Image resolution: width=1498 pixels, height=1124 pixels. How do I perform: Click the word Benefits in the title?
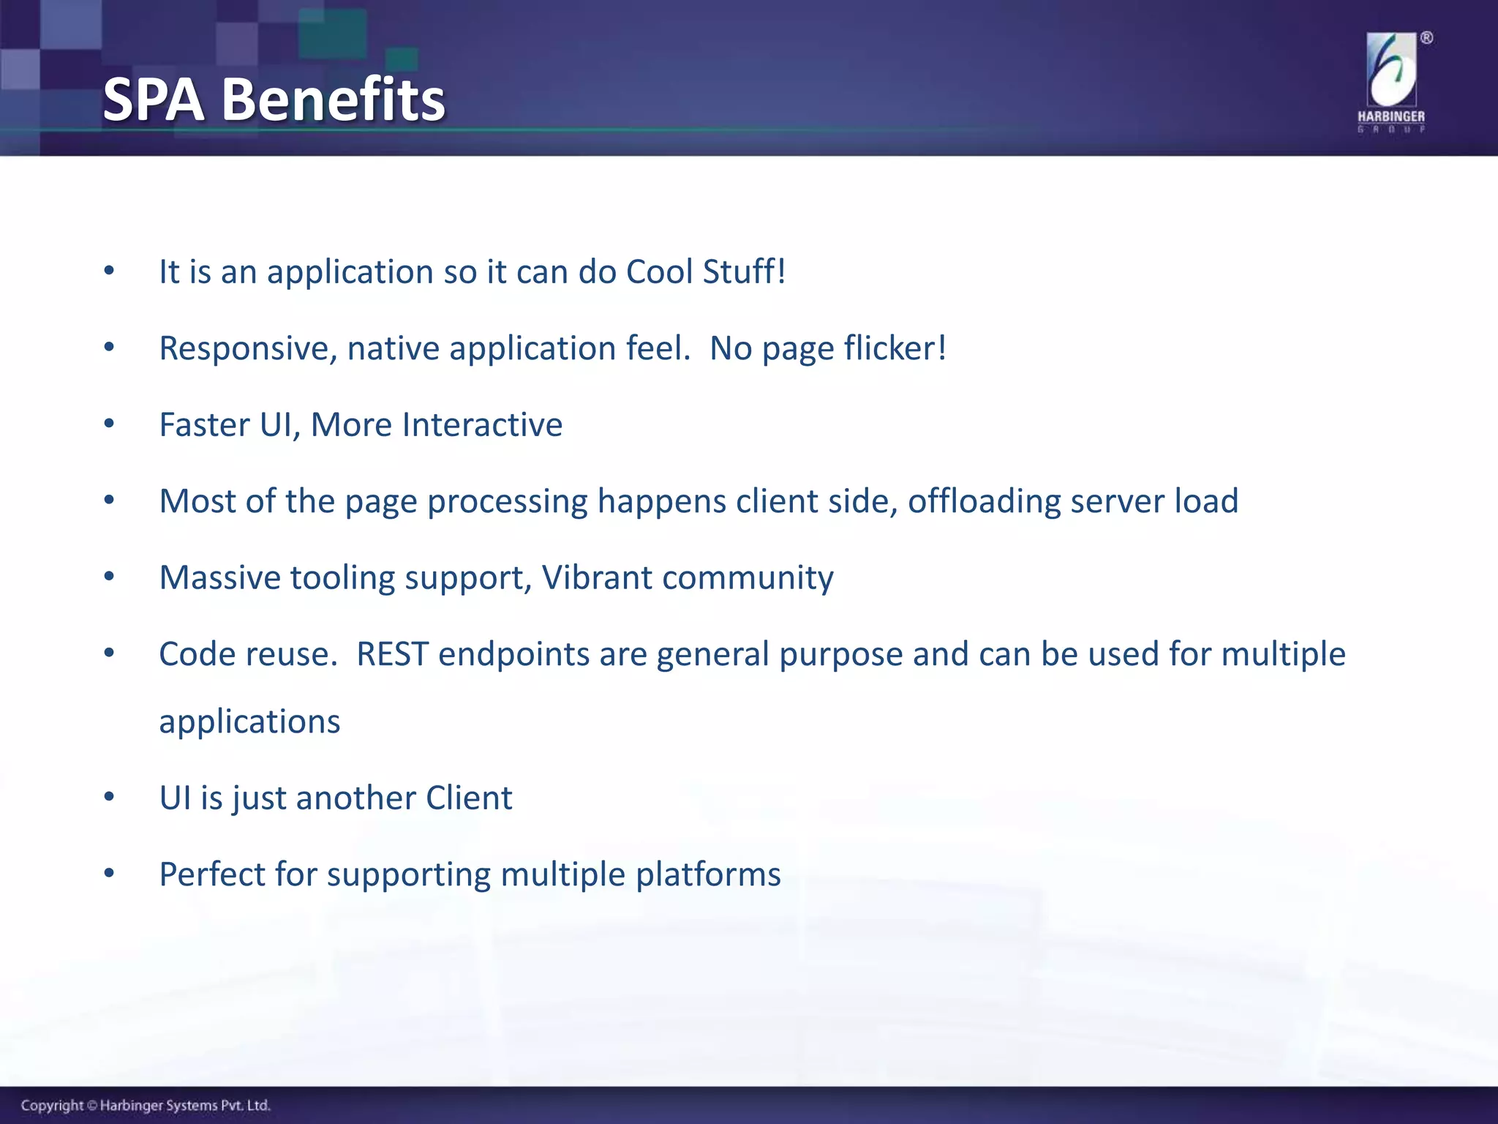pyautogui.click(x=334, y=100)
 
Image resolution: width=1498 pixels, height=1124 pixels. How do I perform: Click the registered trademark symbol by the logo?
pyautogui.click(x=1427, y=38)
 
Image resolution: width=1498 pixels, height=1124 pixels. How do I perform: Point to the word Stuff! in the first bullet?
pyautogui.click(x=745, y=271)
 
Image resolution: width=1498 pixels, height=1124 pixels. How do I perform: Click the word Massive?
pyautogui.click(x=220, y=578)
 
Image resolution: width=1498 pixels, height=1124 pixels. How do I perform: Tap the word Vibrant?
pyautogui.click(x=597, y=578)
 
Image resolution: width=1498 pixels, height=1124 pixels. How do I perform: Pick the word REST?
pyautogui.click(x=392, y=654)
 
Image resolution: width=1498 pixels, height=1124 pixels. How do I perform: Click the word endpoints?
pyautogui.click(x=514, y=655)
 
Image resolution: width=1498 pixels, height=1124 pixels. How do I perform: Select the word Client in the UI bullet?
pyautogui.click(x=469, y=798)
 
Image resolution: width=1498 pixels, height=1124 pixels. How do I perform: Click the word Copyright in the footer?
pyautogui.click(x=52, y=1106)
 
